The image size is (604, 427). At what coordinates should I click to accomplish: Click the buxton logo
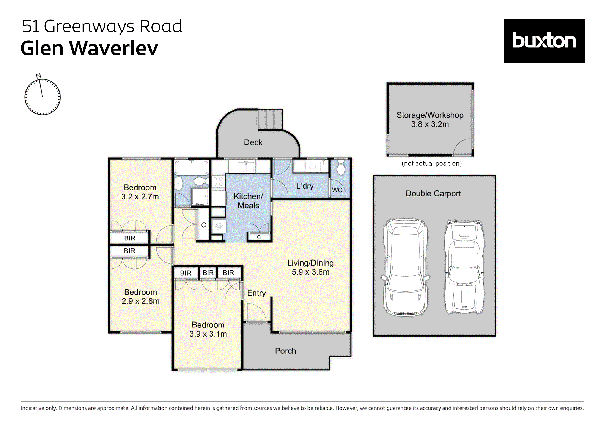tap(544, 41)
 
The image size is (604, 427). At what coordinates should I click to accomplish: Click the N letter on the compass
tap(38, 76)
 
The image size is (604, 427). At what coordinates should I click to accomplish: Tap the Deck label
tap(253, 142)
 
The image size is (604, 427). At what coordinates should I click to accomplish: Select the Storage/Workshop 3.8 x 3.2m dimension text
tap(430, 124)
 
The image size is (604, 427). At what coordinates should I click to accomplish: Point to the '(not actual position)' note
tap(431, 163)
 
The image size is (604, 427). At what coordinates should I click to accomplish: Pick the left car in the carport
tap(405, 267)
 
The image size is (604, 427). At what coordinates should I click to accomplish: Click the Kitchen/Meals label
tap(248, 201)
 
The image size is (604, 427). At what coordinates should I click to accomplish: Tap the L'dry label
tap(305, 186)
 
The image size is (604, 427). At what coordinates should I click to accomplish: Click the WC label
tap(337, 190)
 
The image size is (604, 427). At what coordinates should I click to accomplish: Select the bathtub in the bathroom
tap(192, 167)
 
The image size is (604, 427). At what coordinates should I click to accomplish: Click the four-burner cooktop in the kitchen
tap(218, 181)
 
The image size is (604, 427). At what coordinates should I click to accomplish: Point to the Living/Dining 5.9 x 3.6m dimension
tap(310, 272)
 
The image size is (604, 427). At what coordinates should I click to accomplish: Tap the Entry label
tap(256, 293)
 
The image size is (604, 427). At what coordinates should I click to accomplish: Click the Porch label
tap(285, 351)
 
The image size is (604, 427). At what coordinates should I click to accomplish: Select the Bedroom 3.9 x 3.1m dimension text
tap(208, 334)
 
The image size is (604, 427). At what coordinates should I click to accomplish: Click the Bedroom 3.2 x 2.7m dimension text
tap(140, 197)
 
